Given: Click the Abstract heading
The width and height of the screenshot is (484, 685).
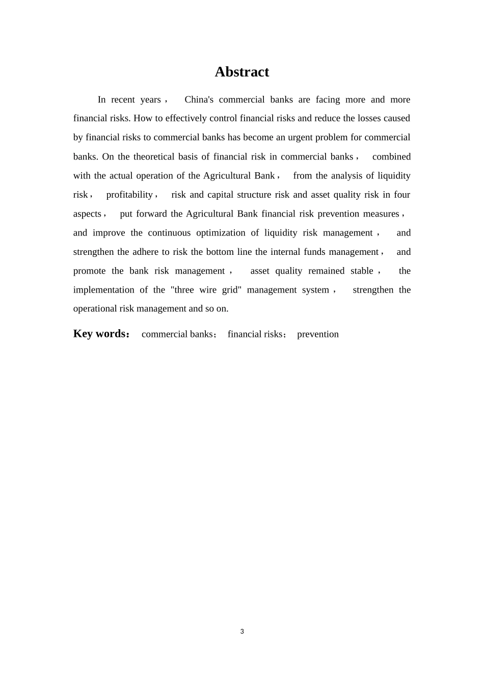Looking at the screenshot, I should click(241, 72).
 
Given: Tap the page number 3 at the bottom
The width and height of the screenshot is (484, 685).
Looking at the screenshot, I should click(242, 631).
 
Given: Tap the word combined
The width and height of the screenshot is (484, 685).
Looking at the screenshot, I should click(391, 156).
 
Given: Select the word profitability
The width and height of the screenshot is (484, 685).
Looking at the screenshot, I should click(129, 195).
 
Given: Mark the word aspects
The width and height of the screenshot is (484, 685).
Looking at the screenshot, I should click(87, 214).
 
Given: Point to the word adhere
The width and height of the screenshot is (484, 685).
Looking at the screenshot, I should click(146, 252).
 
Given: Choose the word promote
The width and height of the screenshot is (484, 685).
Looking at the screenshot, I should click(89, 271).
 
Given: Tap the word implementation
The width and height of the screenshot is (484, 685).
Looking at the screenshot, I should click(103, 290).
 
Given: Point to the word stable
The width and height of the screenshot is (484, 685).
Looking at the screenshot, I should click(362, 271).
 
